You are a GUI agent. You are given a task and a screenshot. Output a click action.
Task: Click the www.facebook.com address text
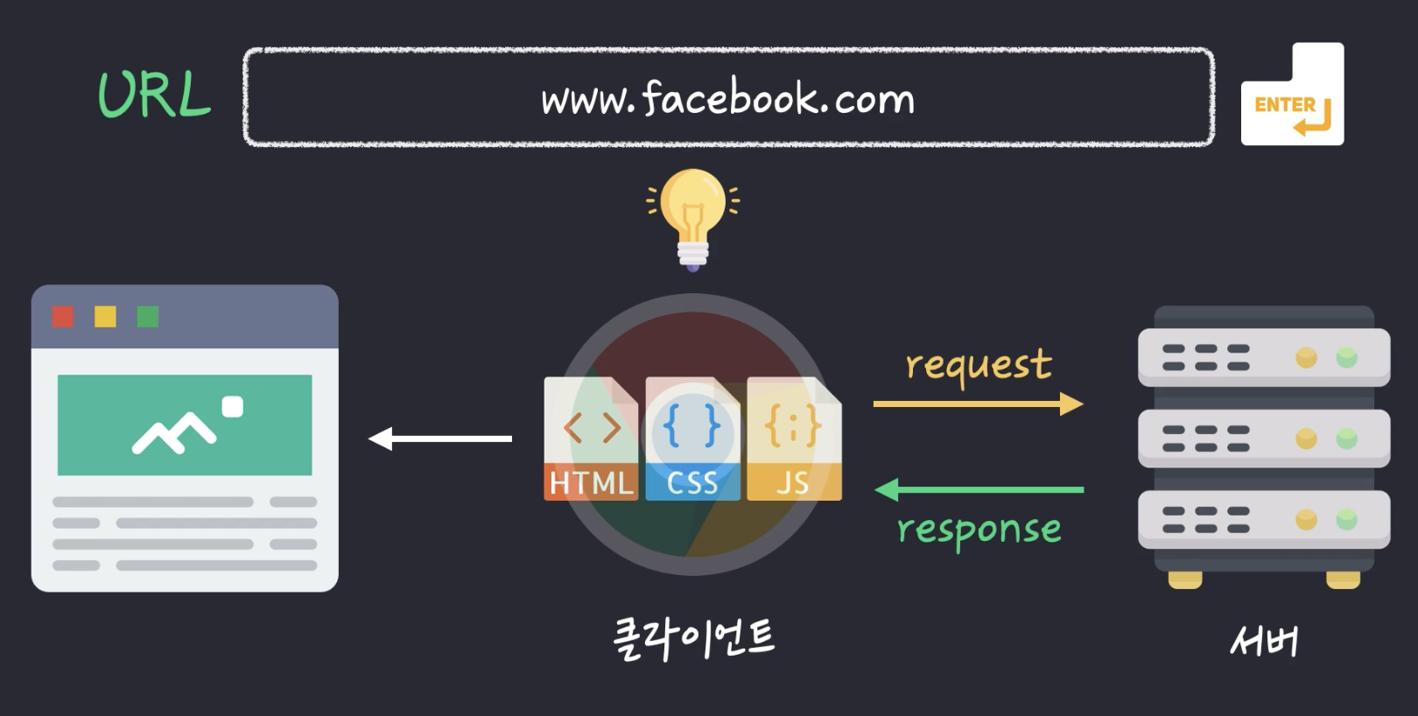[x=727, y=98]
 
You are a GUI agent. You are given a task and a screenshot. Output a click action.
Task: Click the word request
[x=979, y=365]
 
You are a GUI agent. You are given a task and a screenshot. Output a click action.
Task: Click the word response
[x=979, y=530]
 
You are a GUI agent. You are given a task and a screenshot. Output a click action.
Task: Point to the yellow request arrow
[x=978, y=404]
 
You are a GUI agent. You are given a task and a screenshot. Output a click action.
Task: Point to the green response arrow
[x=979, y=489]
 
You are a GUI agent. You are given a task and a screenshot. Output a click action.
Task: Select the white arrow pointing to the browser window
[x=440, y=439]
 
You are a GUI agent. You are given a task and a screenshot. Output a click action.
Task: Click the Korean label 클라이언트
[x=693, y=638]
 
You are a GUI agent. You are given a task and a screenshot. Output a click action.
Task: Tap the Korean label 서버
[x=1264, y=642]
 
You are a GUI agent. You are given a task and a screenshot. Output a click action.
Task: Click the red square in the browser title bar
[x=63, y=316]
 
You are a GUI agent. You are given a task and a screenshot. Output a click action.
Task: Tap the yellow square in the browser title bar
[x=105, y=316]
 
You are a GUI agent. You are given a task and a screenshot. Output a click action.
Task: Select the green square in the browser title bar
[x=148, y=316]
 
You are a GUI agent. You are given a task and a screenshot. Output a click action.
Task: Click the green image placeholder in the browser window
[x=185, y=425]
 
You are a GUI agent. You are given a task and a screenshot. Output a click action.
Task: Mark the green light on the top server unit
[x=1346, y=357]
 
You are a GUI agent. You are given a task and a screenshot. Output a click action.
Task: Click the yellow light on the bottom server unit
[x=1306, y=520]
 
